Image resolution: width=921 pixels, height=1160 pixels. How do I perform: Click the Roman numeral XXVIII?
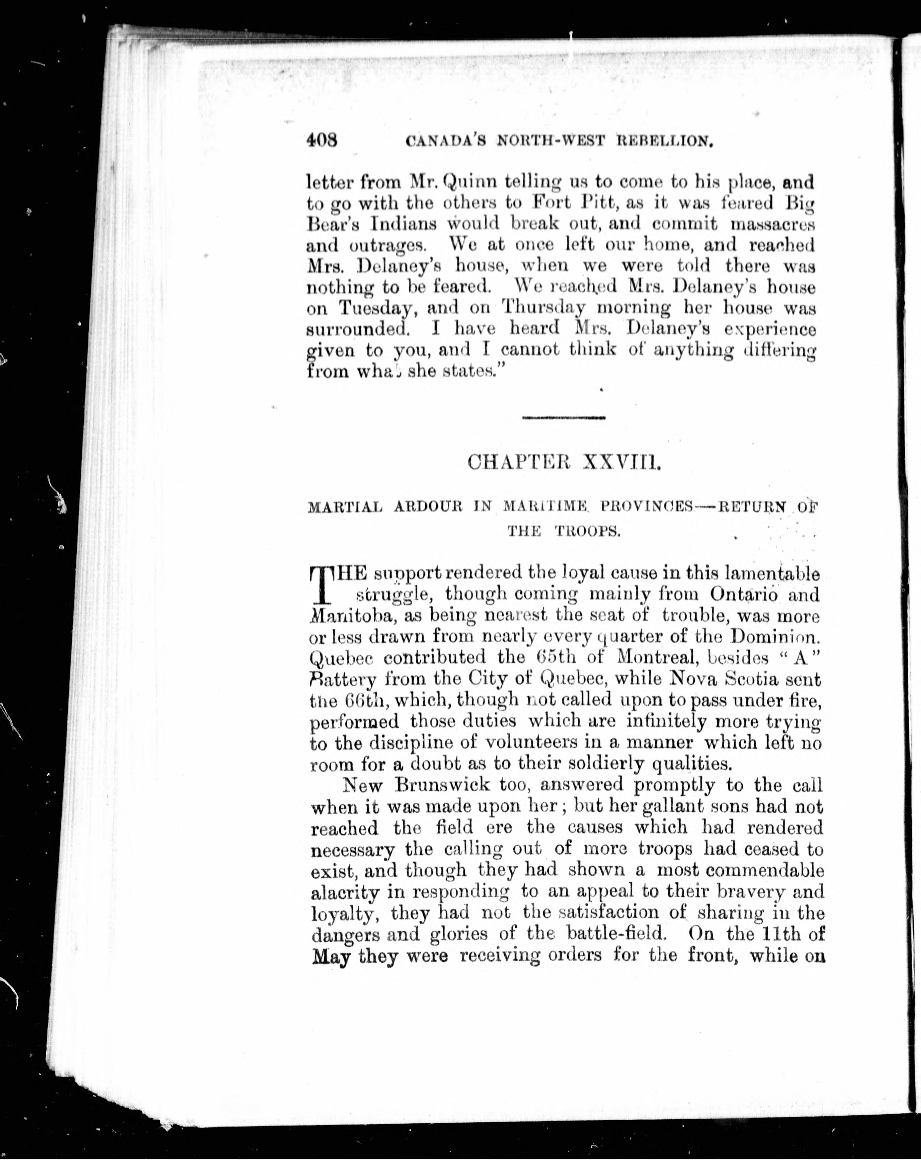pyautogui.click(x=622, y=462)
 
